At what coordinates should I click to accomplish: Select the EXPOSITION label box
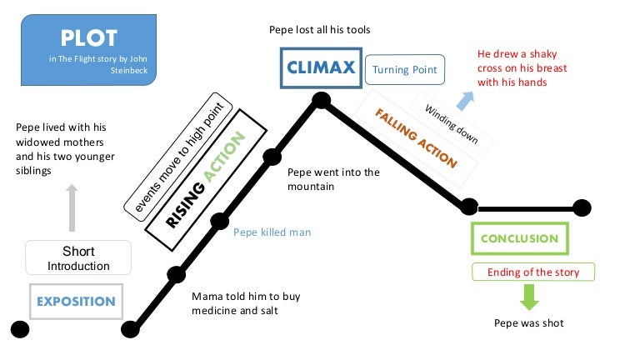pyautogui.click(x=76, y=301)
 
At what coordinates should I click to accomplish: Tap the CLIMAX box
pyautogui.click(x=322, y=67)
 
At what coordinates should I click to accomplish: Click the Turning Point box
pyautogui.click(x=405, y=70)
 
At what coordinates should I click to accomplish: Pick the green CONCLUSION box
pyautogui.click(x=519, y=238)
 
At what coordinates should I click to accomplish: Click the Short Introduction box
pyautogui.click(x=78, y=258)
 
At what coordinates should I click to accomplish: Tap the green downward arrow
pyautogui.click(x=529, y=297)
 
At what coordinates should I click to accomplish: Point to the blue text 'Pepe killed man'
pyautogui.click(x=272, y=232)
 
